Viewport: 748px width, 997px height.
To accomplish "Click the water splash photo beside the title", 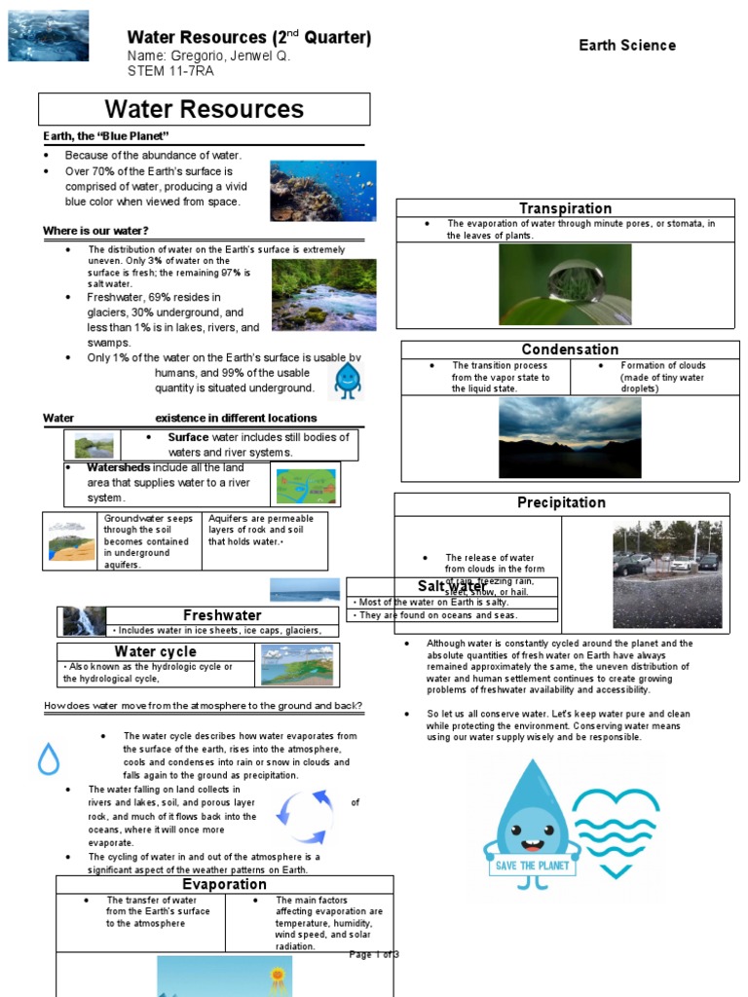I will [x=48, y=36].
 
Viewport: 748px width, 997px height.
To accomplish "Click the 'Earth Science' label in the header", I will [x=626, y=45].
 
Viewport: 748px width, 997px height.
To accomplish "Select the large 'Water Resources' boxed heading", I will [x=205, y=110].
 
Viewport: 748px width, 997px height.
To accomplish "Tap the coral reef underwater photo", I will [x=322, y=191].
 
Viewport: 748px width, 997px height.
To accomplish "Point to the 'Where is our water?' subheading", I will [x=95, y=231].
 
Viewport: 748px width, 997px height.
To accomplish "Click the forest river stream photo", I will [x=323, y=295].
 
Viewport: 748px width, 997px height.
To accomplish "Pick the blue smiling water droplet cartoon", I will [x=347, y=381].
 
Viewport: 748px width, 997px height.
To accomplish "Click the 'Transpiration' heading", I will [x=565, y=208].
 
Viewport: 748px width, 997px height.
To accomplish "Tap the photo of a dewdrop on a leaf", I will [x=565, y=284].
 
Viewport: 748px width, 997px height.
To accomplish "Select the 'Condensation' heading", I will [x=570, y=350].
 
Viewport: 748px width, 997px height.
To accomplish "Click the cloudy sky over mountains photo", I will [x=570, y=437].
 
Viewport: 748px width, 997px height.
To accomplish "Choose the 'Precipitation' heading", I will [x=561, y=502].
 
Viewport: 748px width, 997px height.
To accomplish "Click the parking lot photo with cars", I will [x=667, y=573].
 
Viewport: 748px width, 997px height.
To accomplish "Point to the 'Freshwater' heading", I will [x=222, y=615].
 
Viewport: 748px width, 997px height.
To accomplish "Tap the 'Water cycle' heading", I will [x=155, y=651].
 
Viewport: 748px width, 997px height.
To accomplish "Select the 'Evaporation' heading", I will [x=224, y=884].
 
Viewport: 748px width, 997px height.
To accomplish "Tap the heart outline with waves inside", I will [x=615, y=830].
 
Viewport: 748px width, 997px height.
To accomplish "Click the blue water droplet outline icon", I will [x=49, y=757].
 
